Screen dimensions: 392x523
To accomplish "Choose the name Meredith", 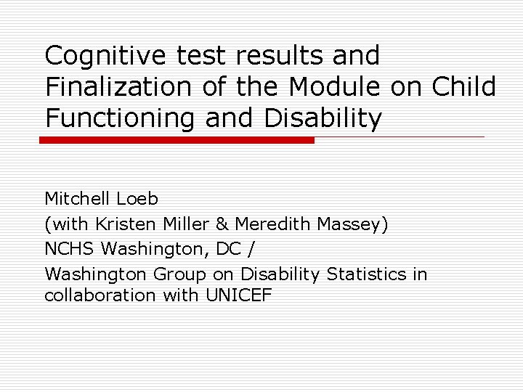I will click(x=272, y=224).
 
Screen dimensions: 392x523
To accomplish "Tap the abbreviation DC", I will click(x=230, y=249).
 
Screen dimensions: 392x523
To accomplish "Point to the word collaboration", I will click(x=100, y=295).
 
